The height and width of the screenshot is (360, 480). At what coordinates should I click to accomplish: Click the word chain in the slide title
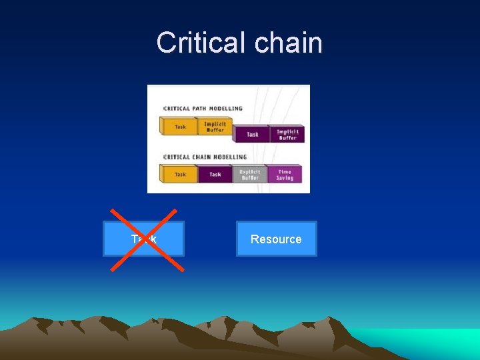(x=287, y=43)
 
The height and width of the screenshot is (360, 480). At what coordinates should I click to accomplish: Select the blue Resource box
(x=276, y=239)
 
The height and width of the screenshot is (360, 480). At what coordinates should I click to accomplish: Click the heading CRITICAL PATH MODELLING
(x=203, y=108)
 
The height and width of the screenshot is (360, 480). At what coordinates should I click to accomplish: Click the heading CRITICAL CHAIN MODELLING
(x=205, y=157)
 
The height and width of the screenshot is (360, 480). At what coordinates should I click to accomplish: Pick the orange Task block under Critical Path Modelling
(x=180, y=126)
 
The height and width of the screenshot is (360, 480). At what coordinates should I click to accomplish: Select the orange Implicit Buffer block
(x=215, y=126)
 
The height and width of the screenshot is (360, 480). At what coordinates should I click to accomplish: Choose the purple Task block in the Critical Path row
(x=252, y=134)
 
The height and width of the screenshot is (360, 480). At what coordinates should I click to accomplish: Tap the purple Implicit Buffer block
(x=287, y=134)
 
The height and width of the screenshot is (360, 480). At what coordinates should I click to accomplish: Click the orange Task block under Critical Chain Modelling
(x=180, y=175)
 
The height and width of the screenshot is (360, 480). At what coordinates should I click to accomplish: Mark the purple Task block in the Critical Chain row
(x=215, y=175)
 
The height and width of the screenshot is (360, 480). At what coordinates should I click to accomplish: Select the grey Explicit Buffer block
(x=249, y=175)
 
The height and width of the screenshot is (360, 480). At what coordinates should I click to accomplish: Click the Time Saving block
(x=285, y=175)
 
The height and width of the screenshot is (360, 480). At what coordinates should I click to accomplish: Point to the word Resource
(x=276, y=239)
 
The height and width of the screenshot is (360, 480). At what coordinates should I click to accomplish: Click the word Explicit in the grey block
(x=250, y=171)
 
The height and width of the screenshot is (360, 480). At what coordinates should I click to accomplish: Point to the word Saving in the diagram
(x=285, y=179)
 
